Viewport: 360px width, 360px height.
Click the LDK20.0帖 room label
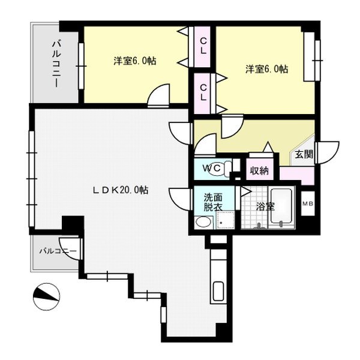[121, 190]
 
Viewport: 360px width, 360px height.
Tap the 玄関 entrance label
[304, 154]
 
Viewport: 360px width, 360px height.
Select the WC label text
[212, 168]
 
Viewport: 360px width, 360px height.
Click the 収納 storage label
[259, 170]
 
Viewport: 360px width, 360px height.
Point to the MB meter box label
[308, 203]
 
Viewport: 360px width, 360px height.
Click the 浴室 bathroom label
[265, 206]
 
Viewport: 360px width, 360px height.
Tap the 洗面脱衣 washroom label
[213, 202]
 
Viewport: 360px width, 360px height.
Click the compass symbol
[46, 296]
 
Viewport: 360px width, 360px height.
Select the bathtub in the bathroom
[281, 206]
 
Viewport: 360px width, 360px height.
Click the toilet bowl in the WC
[220, 169]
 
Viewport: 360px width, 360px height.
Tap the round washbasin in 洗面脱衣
[203, 222]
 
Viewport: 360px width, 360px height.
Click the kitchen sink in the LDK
[218, 292]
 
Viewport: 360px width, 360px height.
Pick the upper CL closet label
[203, 46]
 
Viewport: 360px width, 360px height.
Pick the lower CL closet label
[203, 92]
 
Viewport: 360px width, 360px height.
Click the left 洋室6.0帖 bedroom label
[135, 61]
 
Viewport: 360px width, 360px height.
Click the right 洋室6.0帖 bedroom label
[267, 69]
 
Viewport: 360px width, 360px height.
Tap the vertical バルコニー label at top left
[56, 64]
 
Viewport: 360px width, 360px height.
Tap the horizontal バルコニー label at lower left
[58, 251]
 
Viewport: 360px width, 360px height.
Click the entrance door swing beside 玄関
[327, 152]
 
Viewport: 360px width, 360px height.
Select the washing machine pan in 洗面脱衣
[226, 220]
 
